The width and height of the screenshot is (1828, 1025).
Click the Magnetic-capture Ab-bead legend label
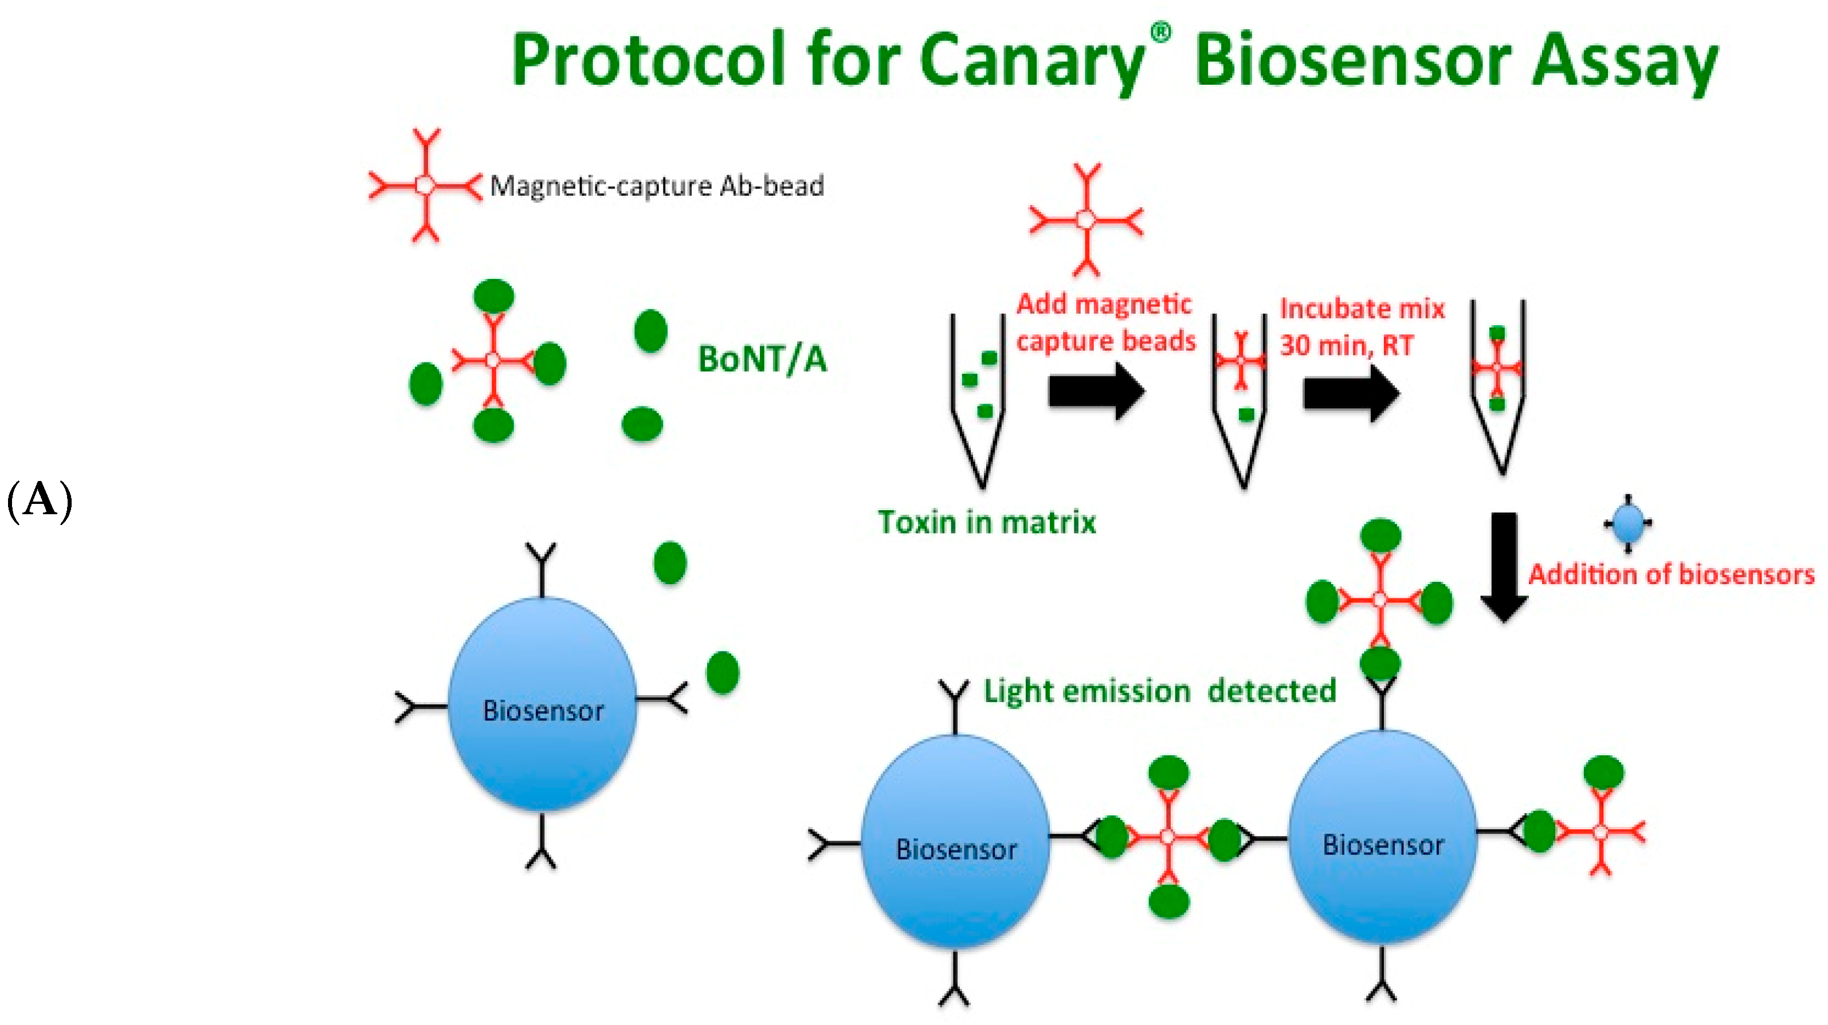(x=656, y=186)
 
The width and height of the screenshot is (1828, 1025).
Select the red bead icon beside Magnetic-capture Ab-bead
(x=425, y=185)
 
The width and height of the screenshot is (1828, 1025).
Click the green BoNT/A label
(x=762, y=359)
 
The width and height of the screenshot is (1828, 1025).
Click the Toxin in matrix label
(x=986, y=522)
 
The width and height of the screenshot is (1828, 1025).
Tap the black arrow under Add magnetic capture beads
(x=1096, y=392)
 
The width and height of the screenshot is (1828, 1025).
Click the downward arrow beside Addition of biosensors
(x=1503, y=567)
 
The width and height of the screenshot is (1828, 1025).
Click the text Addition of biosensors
(x=1670, y=574)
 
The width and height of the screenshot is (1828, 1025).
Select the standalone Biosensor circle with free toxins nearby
(x=543, y=704)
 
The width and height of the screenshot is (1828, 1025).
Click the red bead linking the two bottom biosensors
(x=1168, y=837)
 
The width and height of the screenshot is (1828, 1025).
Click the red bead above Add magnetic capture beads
(x=1086, y=220)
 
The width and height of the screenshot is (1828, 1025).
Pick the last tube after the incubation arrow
(x=1497, y=383)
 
